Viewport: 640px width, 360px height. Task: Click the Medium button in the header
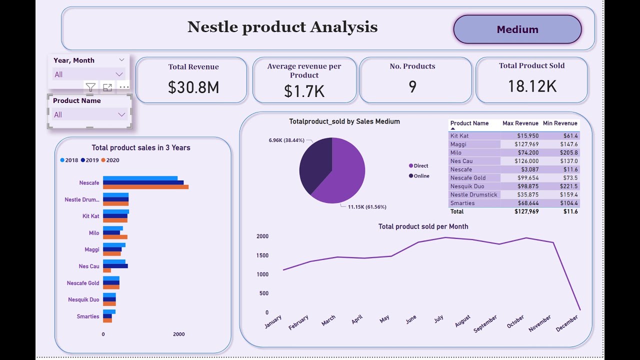pos(517,29)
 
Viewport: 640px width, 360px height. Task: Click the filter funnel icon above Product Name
pos(90,87)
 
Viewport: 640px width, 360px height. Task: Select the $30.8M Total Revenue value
pos(193,87)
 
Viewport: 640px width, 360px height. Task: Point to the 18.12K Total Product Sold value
pos(532,86)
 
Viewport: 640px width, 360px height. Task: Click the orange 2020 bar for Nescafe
pos(145,187)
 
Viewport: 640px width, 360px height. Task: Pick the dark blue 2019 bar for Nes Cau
pos(115,266)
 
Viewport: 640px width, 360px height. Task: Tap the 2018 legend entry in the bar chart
pos(69,160)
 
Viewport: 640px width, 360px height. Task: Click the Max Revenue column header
pos(520,123)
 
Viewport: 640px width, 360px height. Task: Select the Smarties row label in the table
pos(462,203)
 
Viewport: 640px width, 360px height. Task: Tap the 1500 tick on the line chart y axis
pos(262,255)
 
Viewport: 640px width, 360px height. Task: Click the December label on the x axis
pos(567,323)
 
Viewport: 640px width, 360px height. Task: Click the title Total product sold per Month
pos(423,226)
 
